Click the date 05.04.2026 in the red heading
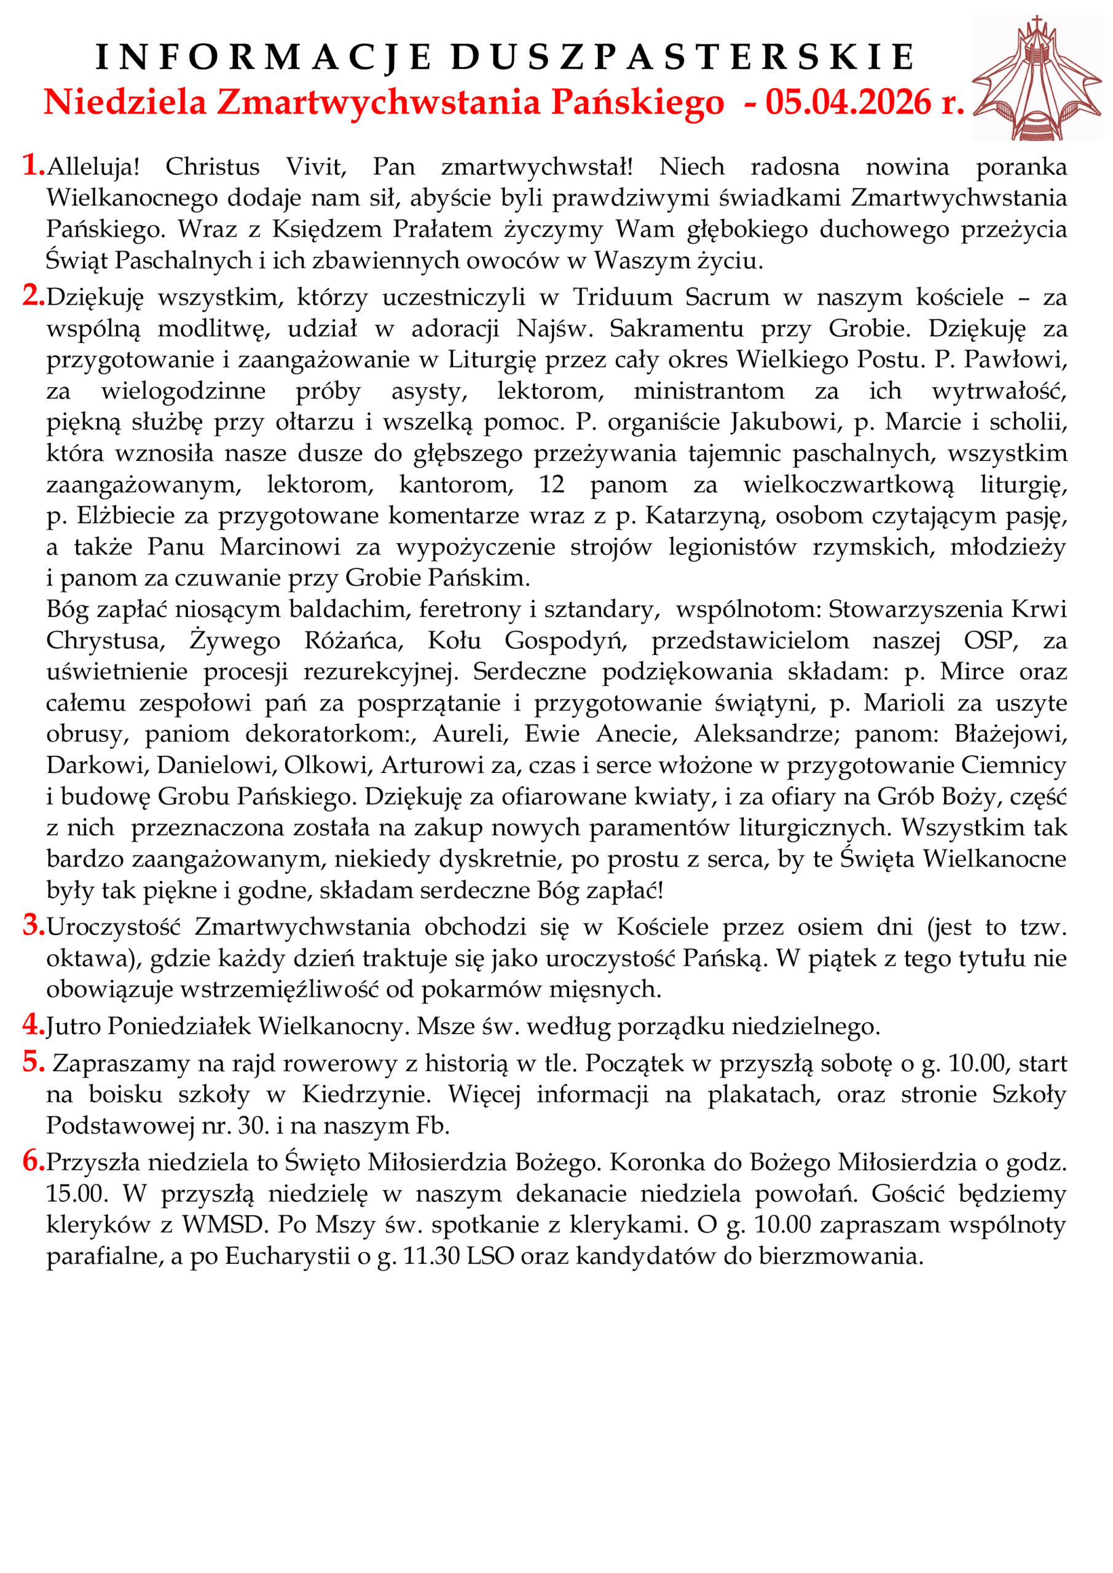pos(848,103)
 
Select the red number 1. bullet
pos(33,165)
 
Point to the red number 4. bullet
pos(33,1024)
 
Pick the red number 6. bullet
pos(33,1161)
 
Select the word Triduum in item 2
pos(623,297)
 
